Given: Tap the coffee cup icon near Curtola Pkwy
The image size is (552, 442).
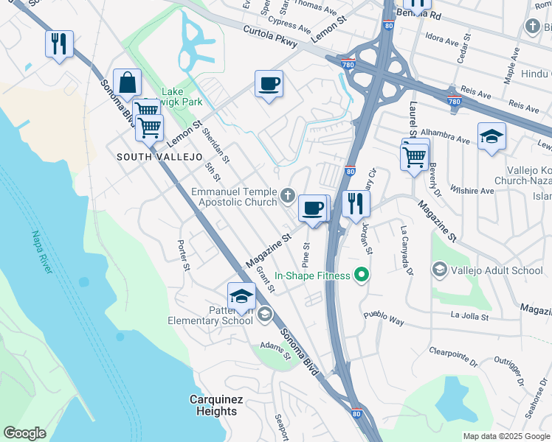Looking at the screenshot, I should (x=269, y=83).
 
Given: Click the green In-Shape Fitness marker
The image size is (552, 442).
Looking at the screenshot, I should (x=361, y=276).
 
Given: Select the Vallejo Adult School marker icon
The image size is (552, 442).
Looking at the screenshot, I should (x=439, y=270).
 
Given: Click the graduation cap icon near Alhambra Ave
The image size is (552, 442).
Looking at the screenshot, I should (x=491, y=137).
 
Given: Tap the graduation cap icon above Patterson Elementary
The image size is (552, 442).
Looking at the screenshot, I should (x=241, y=297).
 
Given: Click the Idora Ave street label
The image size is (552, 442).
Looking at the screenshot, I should (x=444, y=36).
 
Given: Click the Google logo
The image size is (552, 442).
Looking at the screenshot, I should (x=25, y=433).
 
